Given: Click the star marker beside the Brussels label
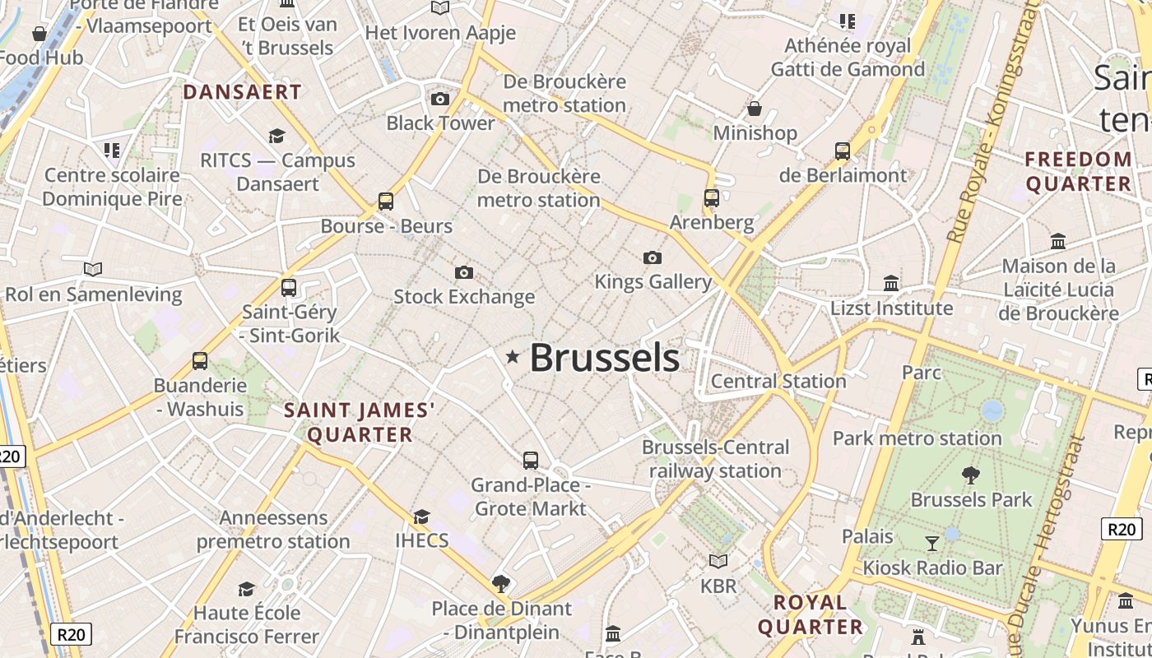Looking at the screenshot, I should point(513,357).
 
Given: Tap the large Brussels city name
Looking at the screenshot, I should point(604,358).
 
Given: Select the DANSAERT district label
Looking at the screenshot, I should point(242,91).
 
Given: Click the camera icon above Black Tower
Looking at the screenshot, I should point(440,100).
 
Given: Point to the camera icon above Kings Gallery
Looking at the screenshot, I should point(653,258).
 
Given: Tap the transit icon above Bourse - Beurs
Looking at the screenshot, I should point(385,201).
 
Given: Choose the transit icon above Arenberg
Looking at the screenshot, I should point(712,198).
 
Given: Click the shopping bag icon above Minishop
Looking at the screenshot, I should point(754,109).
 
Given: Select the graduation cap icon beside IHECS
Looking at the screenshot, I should point(421,517).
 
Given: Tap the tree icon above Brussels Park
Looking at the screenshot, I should point(971,475).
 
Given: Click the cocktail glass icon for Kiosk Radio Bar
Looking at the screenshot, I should point(932,543).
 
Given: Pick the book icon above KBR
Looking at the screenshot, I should point(718,561).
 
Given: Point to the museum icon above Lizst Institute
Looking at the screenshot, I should point(891,284).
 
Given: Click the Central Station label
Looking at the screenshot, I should point(778,381).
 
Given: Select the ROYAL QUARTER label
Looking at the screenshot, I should point(811,614).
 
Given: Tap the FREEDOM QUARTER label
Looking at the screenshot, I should point(1079,171).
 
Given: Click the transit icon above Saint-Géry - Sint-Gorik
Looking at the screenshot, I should point(288,288).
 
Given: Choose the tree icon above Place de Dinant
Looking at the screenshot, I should point(500,584).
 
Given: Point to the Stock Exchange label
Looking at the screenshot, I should point(464,296).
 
